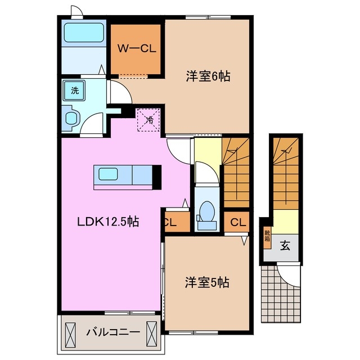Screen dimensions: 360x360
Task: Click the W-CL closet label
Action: tap(137, 48)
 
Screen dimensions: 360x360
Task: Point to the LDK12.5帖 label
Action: tap(108, 222)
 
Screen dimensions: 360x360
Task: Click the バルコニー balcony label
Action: tap(112, 332)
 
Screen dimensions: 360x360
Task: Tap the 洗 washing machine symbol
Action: tap(74, 89)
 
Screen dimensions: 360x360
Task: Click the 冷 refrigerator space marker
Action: tap(148, 119)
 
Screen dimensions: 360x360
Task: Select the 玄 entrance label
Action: tap(285, 245)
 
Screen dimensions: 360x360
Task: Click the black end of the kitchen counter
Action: tap(157, 177)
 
